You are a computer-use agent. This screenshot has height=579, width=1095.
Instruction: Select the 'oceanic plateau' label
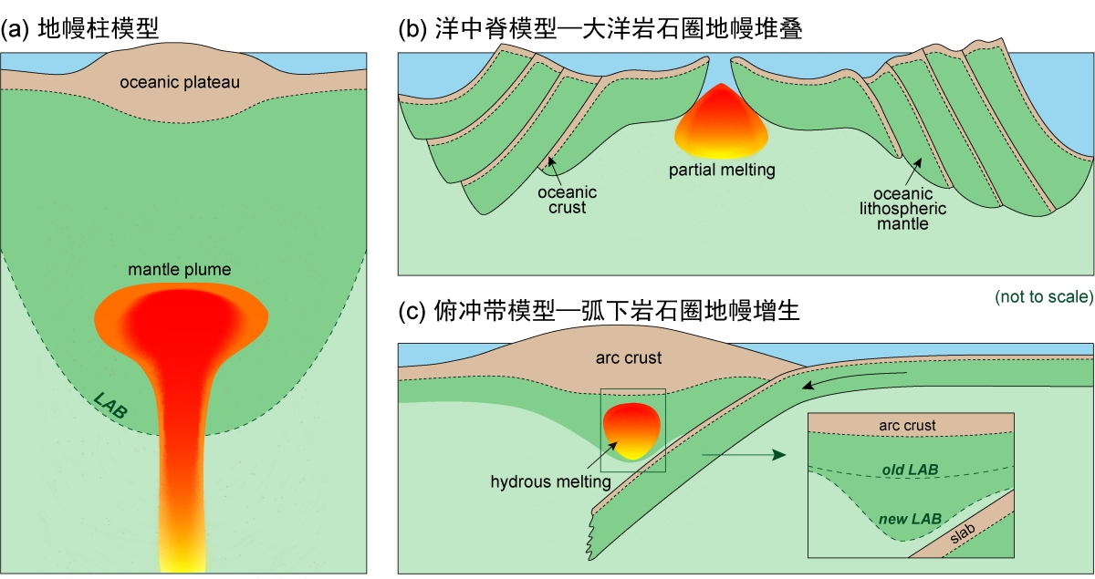(x=180, y=83)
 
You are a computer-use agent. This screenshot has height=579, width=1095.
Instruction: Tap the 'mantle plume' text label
(x=180, y=270)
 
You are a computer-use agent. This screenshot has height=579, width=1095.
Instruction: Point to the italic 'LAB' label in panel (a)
(x=110, y=406)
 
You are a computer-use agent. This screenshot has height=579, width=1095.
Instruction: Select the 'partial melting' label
(x=721, y=170)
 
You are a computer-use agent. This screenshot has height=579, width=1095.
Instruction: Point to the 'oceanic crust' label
(x=567, y=200)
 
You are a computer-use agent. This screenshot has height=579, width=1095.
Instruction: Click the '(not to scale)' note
(x=1043, y=296)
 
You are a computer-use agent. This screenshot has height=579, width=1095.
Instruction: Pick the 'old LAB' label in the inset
(x=909, y=469)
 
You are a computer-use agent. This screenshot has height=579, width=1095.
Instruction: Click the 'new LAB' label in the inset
(x=910, y=519)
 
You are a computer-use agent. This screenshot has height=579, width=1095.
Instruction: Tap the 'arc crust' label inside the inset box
(x=907, y=425)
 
